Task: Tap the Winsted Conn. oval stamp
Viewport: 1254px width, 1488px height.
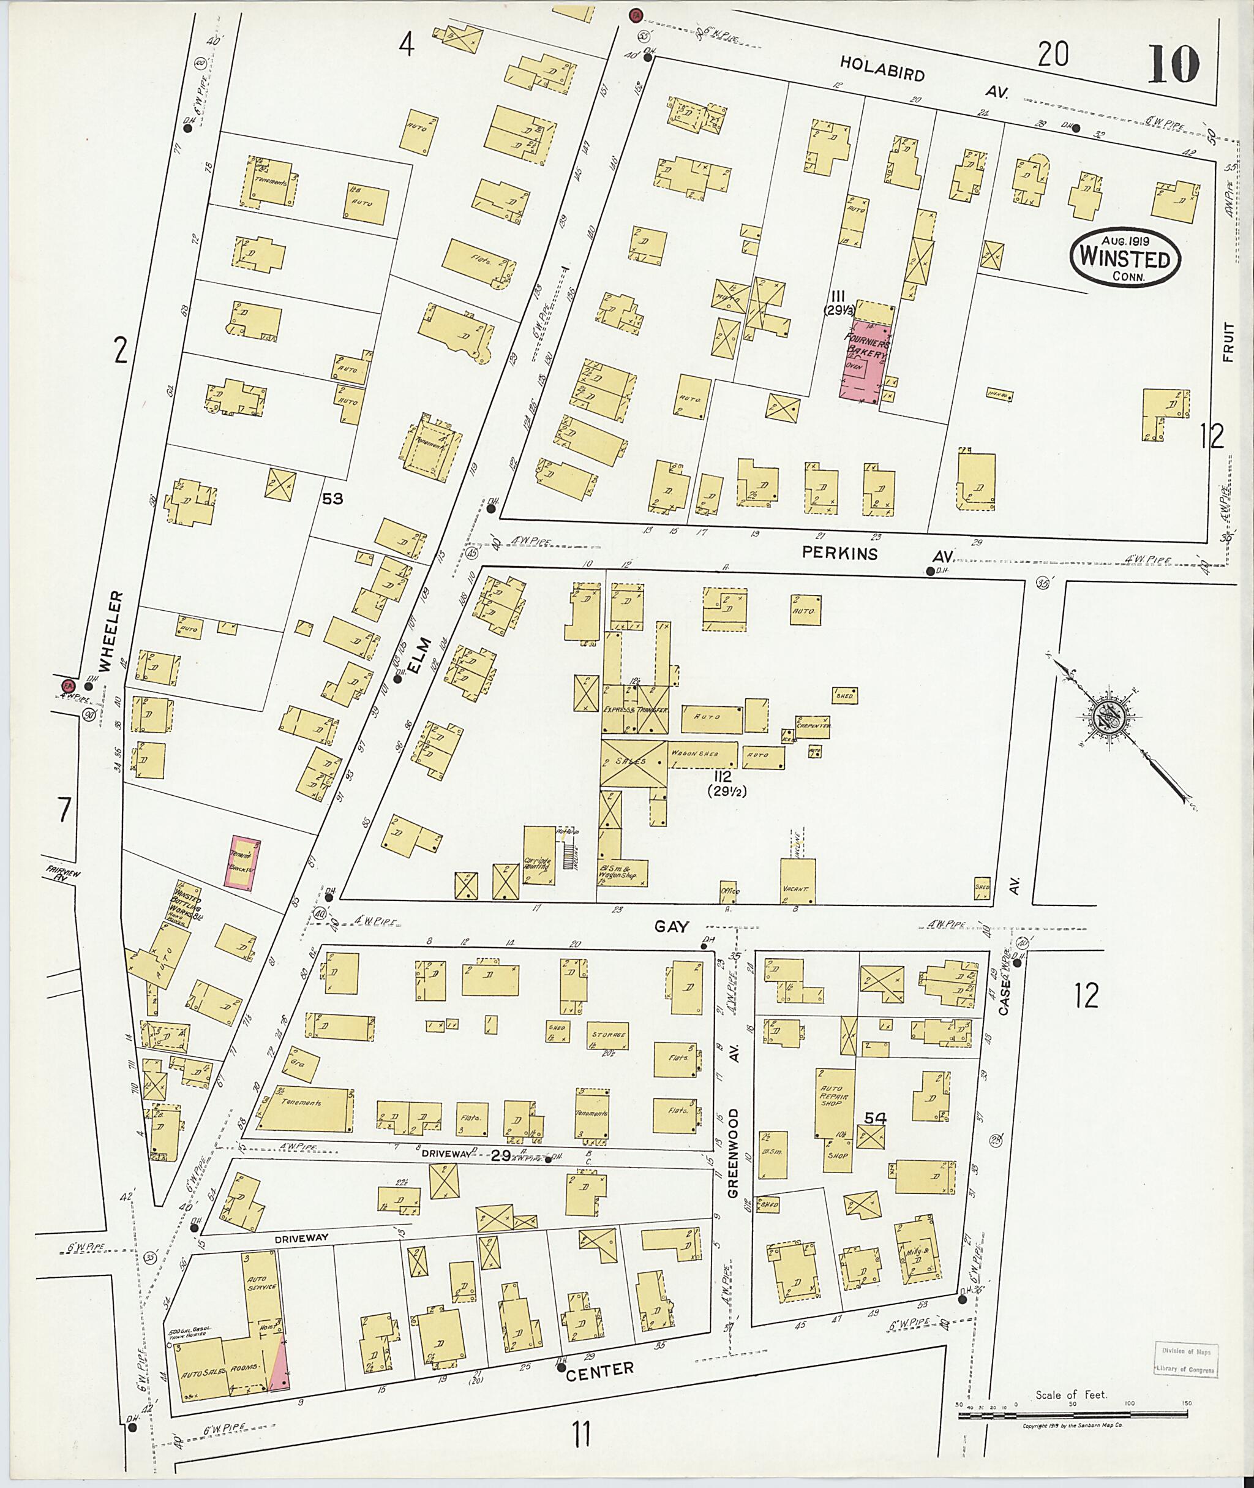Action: pos(1125,257)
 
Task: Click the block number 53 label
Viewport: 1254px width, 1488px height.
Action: pos(332,499)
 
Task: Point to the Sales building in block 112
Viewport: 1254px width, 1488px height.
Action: pos(633,763)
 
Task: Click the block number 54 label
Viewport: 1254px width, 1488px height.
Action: pos(874,1118)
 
